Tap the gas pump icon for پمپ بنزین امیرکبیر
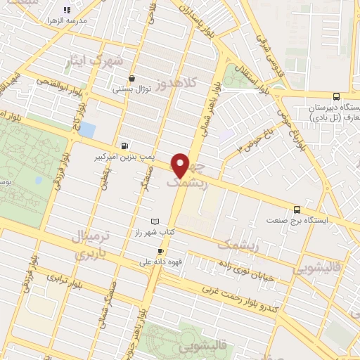pos(124,146)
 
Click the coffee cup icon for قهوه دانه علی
pos(161,251)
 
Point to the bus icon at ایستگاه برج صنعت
pos(297,209)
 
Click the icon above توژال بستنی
pos(131,79)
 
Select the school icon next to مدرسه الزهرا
pos(67,10)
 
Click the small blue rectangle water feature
pos(87,130)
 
